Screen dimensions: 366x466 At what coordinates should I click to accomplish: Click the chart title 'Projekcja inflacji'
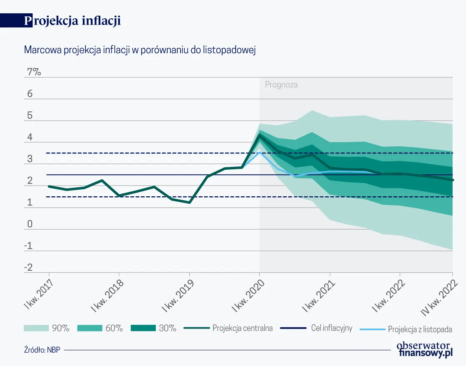(72, 21)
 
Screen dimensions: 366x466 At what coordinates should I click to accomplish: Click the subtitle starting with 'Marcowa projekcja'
(139, 50)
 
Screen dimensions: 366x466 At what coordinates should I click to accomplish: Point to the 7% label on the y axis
(34, 72)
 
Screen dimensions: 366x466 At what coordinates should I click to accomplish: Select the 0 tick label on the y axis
(30, 224)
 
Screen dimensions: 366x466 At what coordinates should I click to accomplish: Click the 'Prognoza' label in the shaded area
(281, 85)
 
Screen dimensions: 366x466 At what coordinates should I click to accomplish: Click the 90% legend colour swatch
(36, 328)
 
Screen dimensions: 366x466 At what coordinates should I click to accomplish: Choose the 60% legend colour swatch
(89, 328)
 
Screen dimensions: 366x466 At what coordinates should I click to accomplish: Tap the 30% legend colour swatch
(143, 328)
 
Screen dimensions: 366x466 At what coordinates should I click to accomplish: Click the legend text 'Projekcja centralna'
(243, 328)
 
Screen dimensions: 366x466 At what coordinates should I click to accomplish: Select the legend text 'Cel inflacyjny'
(332, 328)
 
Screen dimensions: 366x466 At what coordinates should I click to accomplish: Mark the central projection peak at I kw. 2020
(260, 134)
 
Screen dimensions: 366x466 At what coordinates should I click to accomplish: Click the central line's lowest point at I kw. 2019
(189, 203)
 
